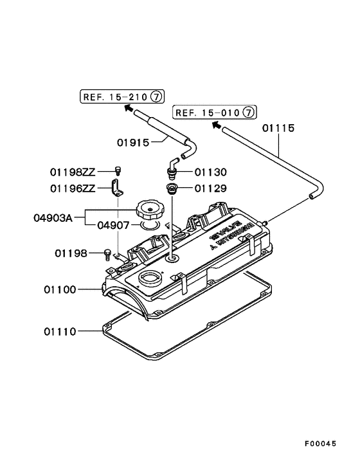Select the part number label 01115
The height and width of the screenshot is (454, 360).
tap(278, 128)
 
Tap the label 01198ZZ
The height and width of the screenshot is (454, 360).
tap(73, 172)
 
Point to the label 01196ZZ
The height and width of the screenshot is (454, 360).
tap(73, 188)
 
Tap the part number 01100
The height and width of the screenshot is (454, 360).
tap(61, 291)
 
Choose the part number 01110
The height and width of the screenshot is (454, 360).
tap(61, 332)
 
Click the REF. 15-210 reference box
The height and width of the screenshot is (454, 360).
tap(122, 97)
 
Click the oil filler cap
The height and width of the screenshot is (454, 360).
tap(150, 210)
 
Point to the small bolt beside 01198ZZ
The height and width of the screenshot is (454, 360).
tap(118, 170)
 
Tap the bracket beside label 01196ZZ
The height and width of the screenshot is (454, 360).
tap(118, 188)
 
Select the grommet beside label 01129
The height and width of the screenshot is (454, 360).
tap(172, 189)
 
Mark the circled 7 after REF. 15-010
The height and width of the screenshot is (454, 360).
tap(249, 113)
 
